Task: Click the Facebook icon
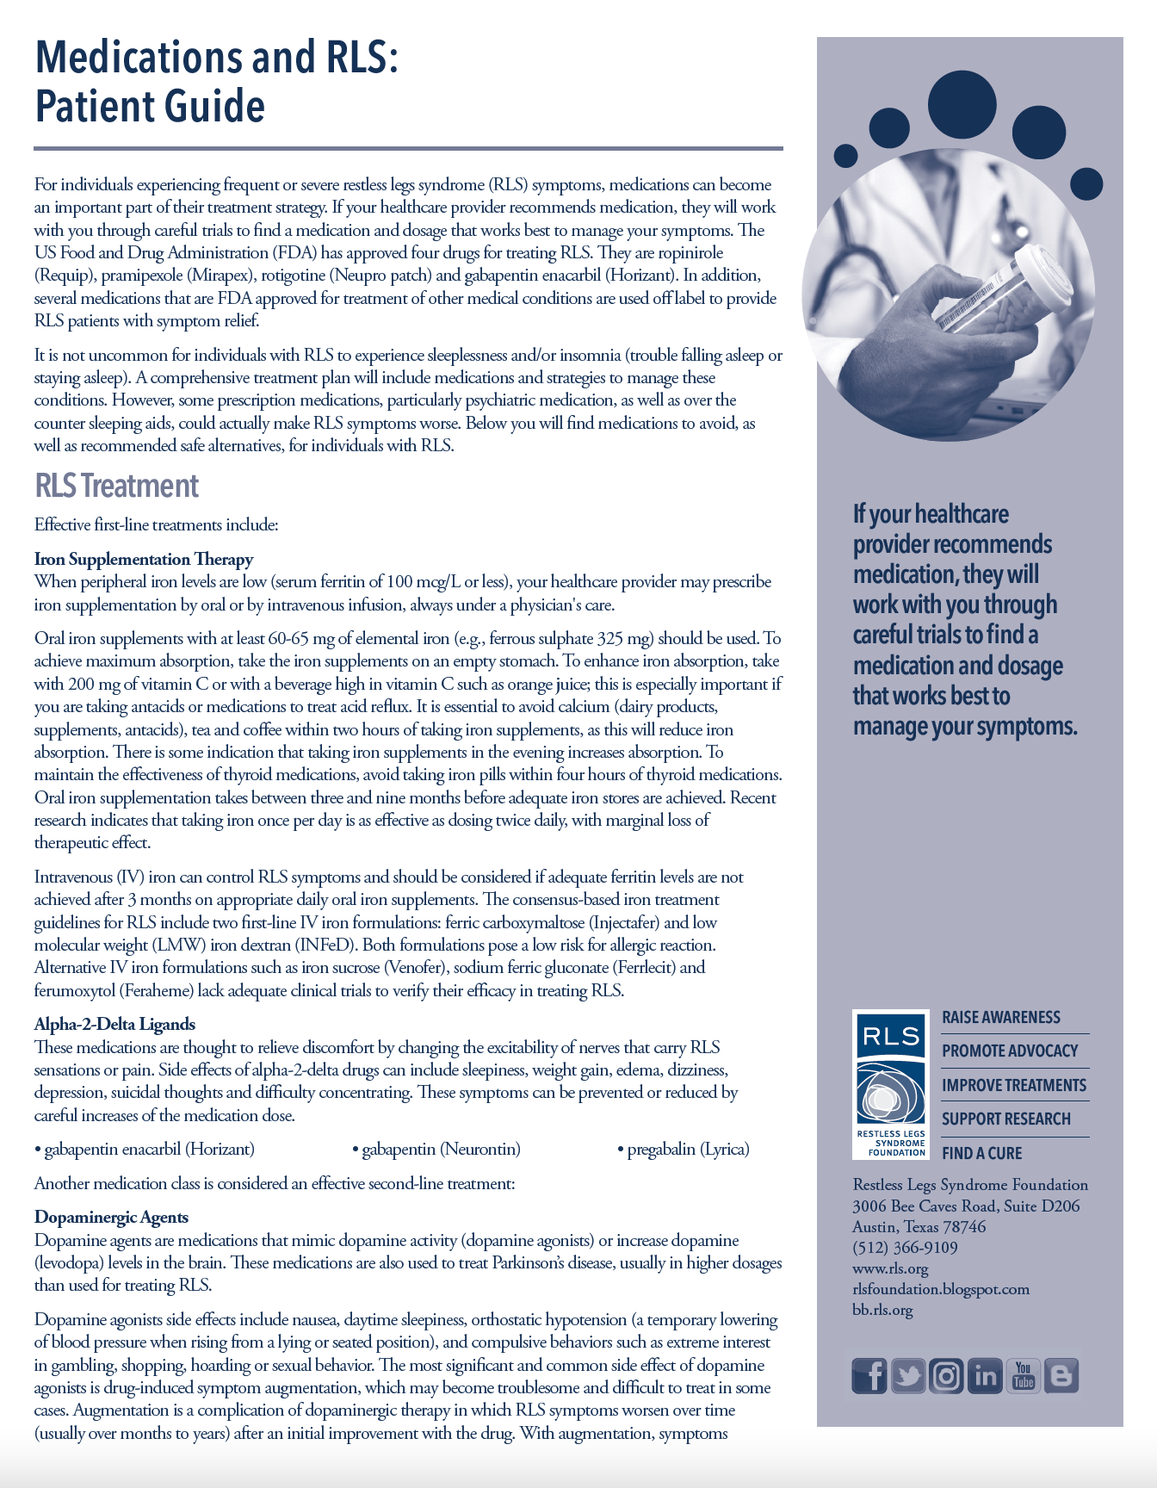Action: pos(869,1375)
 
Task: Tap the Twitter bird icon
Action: pos(907,1375)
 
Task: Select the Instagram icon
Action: pos(946,1375)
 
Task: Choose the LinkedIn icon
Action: pos(985,1375)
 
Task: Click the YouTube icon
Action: pos(1024,1375)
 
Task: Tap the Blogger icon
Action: pos(1061,1375)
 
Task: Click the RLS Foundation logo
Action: pos(891,1084)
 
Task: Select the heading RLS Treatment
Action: pos(116,487)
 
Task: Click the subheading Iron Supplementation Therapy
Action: pos(144,559)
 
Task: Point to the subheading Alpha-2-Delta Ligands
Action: pos(114,1024)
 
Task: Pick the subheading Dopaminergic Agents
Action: pos(111,1217)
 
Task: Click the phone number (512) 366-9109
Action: pos(905,1248)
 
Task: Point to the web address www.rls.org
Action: pos(890,1268)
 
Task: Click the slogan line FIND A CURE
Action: pos(981,1153)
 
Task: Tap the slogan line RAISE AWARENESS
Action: pos(1001,1017)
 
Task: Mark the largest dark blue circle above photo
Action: pos(962,104)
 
